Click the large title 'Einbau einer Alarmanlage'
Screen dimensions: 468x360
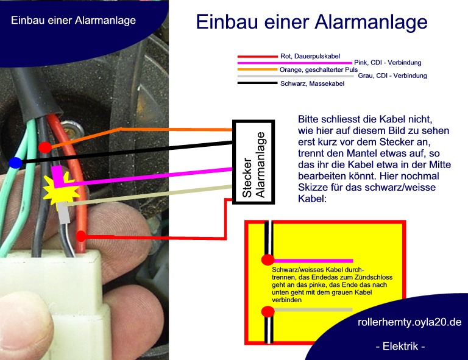click(x=311, y=22)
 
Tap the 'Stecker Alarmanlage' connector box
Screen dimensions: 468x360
click(x=253, y=162)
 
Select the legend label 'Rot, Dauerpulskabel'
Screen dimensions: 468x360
click(x=310, y=56)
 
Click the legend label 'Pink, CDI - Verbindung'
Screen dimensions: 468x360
click(x=388, y=63)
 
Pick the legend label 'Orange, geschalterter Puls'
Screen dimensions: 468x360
click(x=319, y=70)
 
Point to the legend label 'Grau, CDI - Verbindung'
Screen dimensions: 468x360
click(x=392, y=76)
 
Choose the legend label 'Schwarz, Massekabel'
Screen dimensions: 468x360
click(x=312, y=83)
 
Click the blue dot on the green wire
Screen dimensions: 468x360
click(x=15, y=163)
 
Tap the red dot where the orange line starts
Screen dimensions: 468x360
click(x=44, y=147)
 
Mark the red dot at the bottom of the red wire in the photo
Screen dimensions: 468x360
click(x=81, y=236)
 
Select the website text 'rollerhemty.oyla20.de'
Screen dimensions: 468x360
click(x=409, y=322)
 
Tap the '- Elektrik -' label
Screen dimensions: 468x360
click(x=400, y=346)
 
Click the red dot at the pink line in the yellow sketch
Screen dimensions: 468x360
click(x=268, y=260)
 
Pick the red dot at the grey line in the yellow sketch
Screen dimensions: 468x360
click(x=268, y=312)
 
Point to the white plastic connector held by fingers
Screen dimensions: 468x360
click(x=54, y=302)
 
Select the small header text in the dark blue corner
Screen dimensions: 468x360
click(x=73, y=20)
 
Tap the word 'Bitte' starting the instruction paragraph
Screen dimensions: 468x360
click(x=308, y=119)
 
